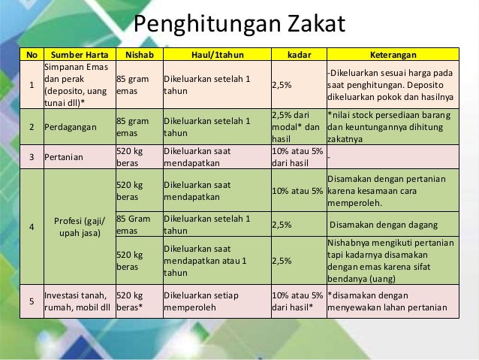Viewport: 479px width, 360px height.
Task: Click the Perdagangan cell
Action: (70, 127)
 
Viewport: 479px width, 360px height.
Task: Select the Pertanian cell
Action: (64, 156)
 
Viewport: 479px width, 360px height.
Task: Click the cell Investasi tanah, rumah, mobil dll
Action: (77, 301)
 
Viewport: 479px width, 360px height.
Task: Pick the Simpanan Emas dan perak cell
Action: (75, 85)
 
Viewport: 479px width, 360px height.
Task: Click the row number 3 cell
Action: (32, 156)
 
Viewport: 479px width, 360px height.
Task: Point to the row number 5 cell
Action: (32, 301)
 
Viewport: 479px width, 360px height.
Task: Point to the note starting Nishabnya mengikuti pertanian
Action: (391, 261)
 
